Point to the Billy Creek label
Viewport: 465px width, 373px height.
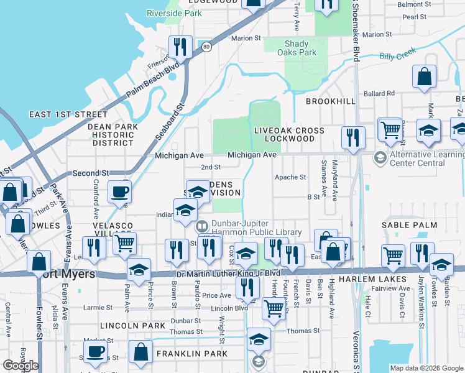(x=397, y=56)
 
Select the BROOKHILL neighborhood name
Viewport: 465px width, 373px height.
(x=331, y=101)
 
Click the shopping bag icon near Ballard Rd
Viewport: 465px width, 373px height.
(x=425, y=78)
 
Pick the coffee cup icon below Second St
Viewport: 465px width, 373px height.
(x=119, y=192)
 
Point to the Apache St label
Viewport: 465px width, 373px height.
(x=290, y=177)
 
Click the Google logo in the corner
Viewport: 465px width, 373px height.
(x=21, y=365)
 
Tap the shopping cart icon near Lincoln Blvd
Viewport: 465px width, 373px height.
(x=273, y=309)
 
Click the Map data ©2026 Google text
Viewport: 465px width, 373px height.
(x=426, y=368)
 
